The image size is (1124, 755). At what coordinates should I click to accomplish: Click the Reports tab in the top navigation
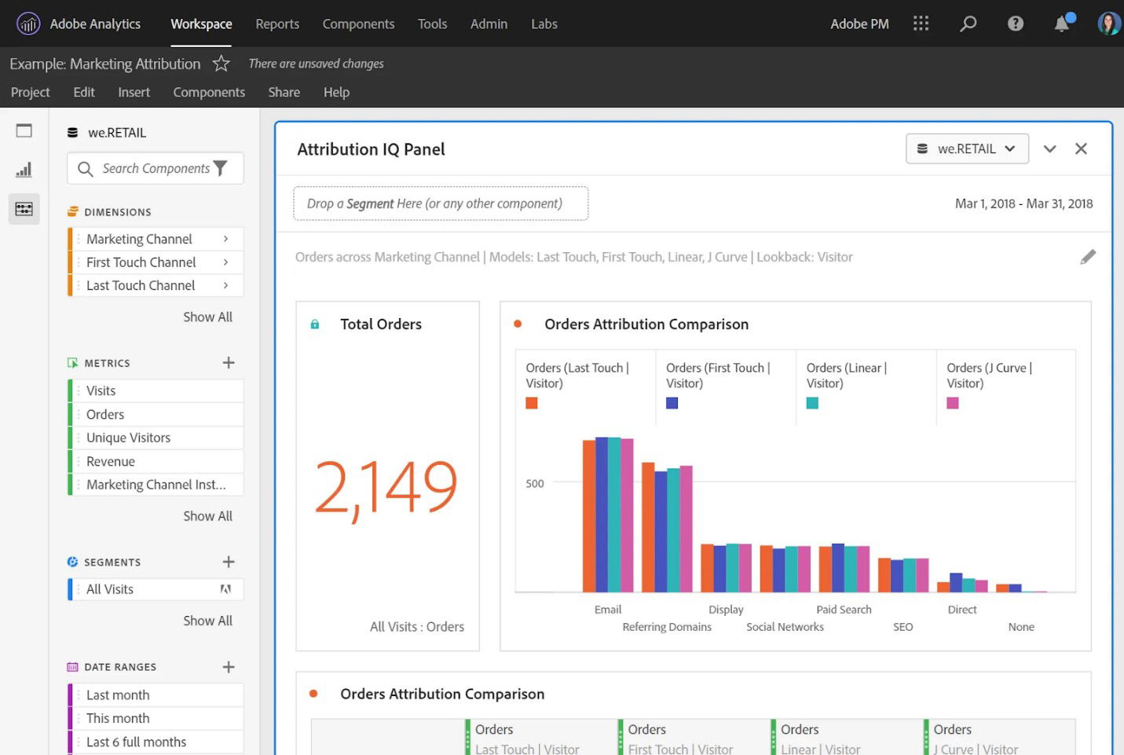pos(276,24)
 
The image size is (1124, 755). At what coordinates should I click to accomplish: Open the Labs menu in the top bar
pos(544,24)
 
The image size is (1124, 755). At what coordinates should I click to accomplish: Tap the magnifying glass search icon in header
pos(968,24)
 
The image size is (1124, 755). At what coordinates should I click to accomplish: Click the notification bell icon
pos(1061,24)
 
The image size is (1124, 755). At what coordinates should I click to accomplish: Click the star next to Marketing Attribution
pos(222,64)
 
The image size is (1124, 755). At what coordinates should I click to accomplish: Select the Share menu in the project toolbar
pos(284,92)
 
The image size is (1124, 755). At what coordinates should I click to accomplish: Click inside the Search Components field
pos(156,168)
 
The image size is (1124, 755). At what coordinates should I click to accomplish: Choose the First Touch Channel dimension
pos(141,262)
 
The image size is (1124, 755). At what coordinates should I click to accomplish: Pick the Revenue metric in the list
pos(111,461)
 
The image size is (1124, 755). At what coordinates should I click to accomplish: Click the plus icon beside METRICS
pos(229,363)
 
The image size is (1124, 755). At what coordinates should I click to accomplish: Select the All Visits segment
pos(110,589)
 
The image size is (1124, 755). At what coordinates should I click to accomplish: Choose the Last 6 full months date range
pos(136,742)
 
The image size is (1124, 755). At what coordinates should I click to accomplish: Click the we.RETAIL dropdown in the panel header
pos(967,148)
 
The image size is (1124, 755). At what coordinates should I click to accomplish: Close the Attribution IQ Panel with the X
pos(1081,148)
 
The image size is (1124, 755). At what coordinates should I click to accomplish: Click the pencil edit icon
pos(1087,257)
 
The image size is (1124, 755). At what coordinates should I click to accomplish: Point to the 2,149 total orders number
pos(386,487)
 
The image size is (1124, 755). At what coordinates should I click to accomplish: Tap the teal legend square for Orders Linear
pos(812,403)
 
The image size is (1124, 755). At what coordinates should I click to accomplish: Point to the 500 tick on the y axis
pos(535,483)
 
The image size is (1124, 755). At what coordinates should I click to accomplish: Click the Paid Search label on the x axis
pos(844,610)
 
